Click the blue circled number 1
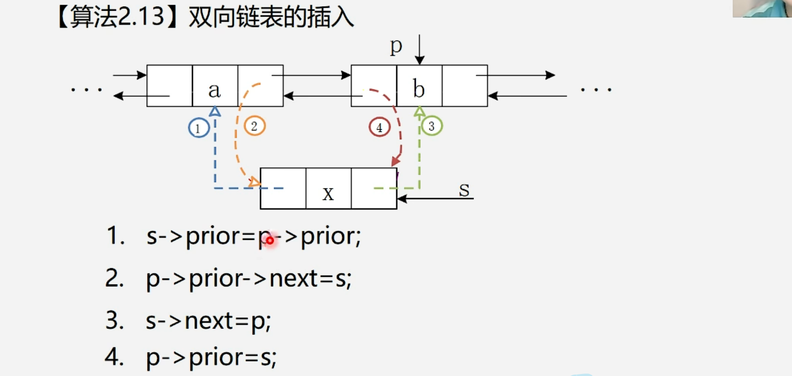pyautogui.click(x=199, y=128)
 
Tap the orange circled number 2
pyautogui.click(x=255, y=126)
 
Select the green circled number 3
pyautogui.click(x=432, y=126)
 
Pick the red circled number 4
pyautogui.click(x=379, y=128)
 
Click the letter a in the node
pyautogui.click(x=214, y=90)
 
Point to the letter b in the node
pyautogui.click(x=418, y=89)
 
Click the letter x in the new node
pyautogui.click(x=328, y=193)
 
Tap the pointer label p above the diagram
pyautogui.click(x=396, y=46)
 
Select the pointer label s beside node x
pyautogui.click(x=464, y=190)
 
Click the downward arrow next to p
pyautogui.click(x=419, y=50)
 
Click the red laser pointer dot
pyautogui.click(x=270, y=240)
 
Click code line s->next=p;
pyautogui.click(x=208, y=321)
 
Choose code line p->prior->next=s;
pyautogui.click(x=249, y=279)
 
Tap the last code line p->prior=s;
pyautogui.click(x=211, y=357)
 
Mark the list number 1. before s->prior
pyautogui.click(x=115, y=236)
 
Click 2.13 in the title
pyautogui.click(x=141, y=17)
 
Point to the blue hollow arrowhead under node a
pyautogui.click(x=215, y=112)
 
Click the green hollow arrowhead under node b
pyautogui.click(x=419, y=112)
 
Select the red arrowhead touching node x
pyautogui.click(x=395, y=161)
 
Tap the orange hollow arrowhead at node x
pyautogui.click(x=254, y=182)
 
